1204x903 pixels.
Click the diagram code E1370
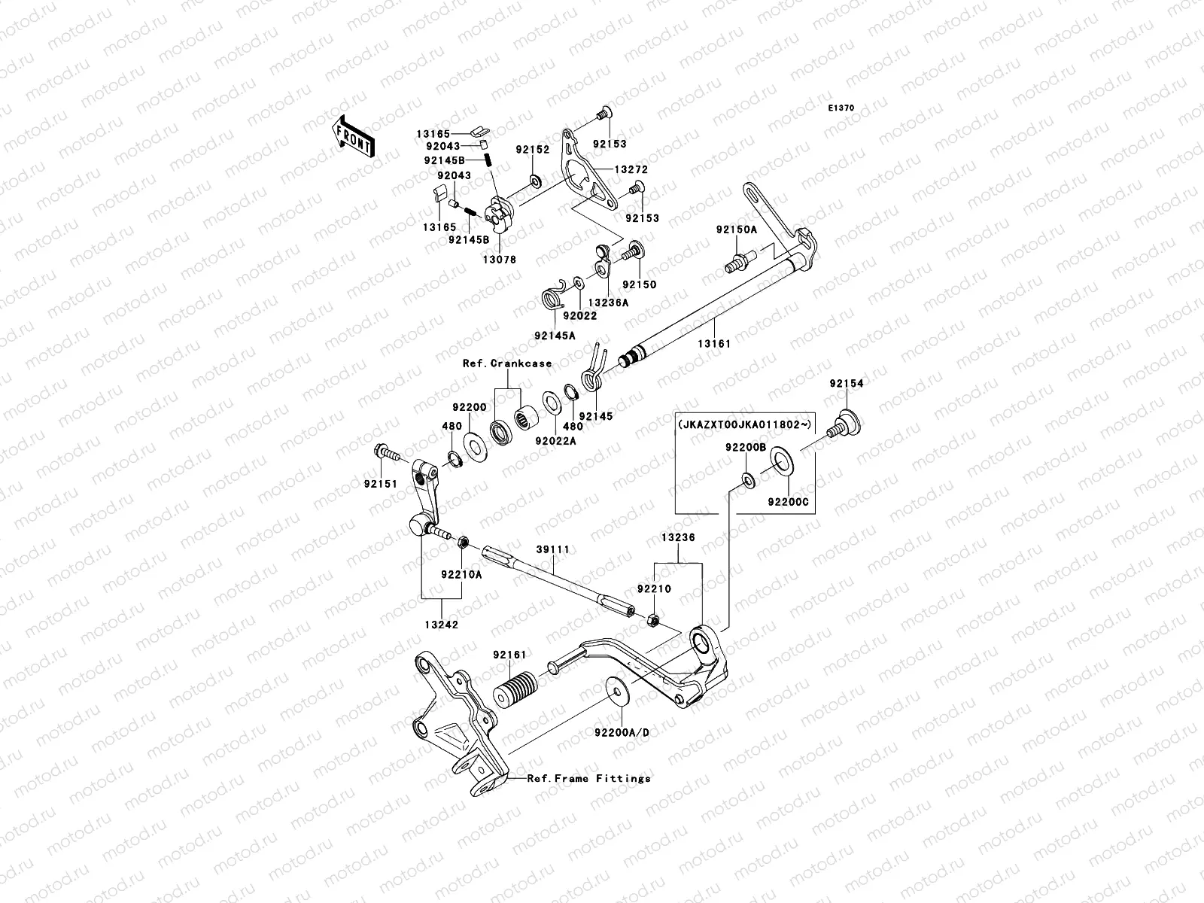click(x=841, y=108)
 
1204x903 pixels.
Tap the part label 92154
click(x=847, y=384)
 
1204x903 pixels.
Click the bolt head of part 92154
click(x=847, y=414)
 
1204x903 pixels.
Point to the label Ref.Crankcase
click(x=506, y=363)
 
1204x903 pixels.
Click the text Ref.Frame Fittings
click(x=588, y=778)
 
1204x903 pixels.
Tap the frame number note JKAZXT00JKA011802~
click(x=745, y=424)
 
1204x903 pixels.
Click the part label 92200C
click(x=788, y=500)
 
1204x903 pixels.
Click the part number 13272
click(x=631, y=171)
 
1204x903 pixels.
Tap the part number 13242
click(x=440, y=625)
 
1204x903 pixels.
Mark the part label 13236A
click(x=608, y=302)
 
